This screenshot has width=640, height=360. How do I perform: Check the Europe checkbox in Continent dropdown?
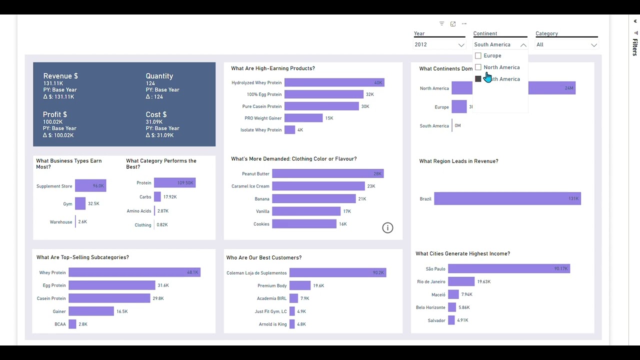(478, 56)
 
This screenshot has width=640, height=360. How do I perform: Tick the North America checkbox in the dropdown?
(478, 67)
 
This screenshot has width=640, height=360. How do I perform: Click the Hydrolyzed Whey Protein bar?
(334, 82)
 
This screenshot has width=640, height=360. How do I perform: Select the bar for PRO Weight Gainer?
(303, 118)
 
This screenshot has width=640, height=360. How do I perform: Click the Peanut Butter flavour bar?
(327, 173)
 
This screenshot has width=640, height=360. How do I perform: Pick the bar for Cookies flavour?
(304, 224)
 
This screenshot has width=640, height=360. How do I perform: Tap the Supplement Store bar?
(90, 186)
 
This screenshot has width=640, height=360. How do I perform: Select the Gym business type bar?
(80, 203)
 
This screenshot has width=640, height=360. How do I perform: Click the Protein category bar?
(174, 183)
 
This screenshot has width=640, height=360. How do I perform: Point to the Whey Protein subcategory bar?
(134, 272)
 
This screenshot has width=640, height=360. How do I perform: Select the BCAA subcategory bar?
(72, 324)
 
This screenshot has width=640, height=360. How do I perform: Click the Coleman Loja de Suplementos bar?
(337, 273)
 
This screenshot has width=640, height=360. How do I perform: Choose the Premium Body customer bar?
(300, 285)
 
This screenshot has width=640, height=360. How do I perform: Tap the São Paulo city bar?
(508, 269)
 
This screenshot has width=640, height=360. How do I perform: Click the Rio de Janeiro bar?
(461, 281)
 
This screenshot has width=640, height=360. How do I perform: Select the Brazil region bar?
(507, 198)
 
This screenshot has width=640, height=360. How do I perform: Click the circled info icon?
(387, 228)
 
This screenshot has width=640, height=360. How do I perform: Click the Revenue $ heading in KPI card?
(60, 76)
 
